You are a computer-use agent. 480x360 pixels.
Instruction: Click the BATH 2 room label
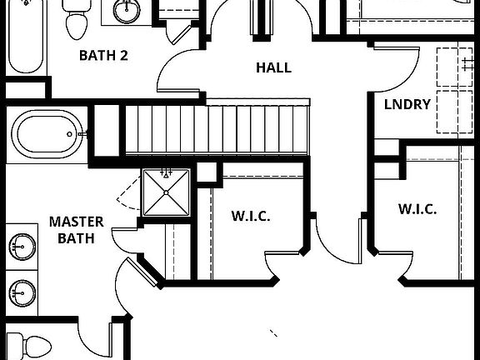click(103, 57)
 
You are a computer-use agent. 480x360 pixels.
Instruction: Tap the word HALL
click(273, 67)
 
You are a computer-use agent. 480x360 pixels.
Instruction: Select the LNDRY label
click(407, 104)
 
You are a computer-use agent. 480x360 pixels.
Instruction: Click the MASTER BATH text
click(76, 230)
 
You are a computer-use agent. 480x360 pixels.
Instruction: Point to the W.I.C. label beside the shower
click(251, 216)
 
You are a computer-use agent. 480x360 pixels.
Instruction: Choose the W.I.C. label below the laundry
click(417, 209)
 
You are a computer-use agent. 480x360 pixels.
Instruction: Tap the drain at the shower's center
click(167, 192)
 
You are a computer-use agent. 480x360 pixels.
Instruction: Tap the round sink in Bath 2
click(127, 11)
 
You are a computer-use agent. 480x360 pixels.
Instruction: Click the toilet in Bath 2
click(77, 22)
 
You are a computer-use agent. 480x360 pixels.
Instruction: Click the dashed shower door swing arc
click(126, 197)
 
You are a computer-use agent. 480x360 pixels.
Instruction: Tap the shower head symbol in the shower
click(167, 174)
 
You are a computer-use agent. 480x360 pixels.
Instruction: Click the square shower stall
click(167, 192)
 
